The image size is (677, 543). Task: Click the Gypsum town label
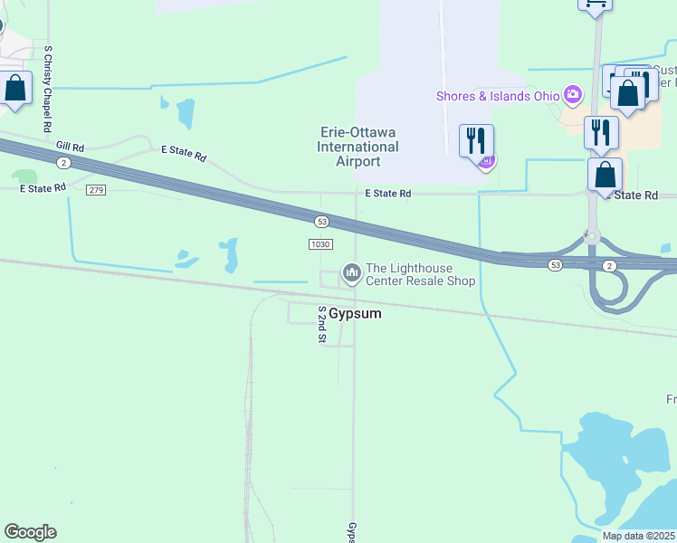354,313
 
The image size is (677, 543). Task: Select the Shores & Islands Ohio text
498,96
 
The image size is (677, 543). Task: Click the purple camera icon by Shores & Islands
572,94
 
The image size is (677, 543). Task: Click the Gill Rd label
70,146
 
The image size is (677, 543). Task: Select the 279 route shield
96,190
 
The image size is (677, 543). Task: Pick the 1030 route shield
320,244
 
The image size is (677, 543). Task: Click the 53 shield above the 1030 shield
320,222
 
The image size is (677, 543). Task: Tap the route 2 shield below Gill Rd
62,163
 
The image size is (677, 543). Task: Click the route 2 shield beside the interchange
610,264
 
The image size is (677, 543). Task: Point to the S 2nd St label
321,324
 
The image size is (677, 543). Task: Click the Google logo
30,532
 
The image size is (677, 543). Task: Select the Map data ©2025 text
638,536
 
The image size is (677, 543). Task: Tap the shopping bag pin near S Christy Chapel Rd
14,89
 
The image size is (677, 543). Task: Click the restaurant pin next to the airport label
476,141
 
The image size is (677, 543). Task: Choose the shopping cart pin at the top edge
595,5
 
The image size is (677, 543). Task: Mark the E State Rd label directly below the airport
388,194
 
